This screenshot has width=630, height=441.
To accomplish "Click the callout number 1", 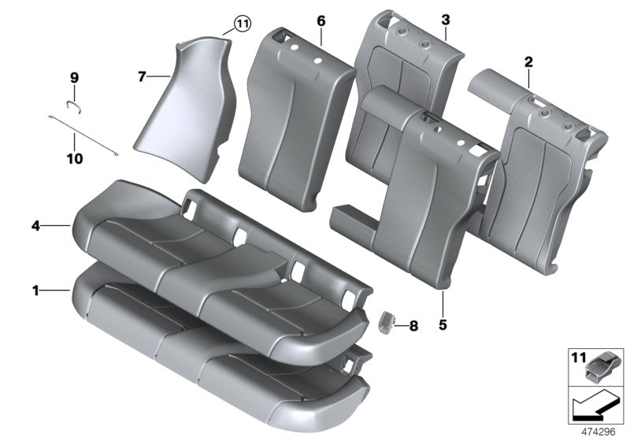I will pyautogui.click(x=35, y=291).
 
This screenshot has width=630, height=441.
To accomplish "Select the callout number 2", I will pyautogui.click(x=528, y=61).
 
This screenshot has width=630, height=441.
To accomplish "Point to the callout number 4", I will pyautogui.click(x=35, y=226).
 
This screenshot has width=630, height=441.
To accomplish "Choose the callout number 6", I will pyautogui.click(x=321, y=20).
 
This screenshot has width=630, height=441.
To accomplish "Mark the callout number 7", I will pyautogui.click(x=142, y=76).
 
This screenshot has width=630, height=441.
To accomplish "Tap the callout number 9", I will pyautogui.click(x=74, y=77).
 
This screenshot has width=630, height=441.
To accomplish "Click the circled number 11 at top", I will pyautogui.click(x=241, y=24).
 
